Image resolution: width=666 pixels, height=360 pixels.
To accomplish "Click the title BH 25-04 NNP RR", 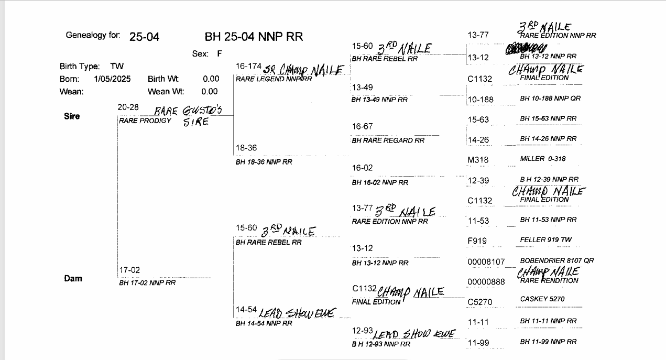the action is (254, 37).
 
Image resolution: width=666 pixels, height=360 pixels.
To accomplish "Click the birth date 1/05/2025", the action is (113, 79).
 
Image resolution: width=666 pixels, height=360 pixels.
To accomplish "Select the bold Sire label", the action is (72, 116).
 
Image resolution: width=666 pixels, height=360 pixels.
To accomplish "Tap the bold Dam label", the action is (73, 278).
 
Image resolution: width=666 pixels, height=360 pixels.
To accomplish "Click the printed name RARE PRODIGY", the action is (145, 121).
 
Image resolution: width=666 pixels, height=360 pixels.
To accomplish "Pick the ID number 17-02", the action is (129, 270).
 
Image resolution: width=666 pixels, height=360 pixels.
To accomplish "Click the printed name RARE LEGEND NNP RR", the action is (274, 79).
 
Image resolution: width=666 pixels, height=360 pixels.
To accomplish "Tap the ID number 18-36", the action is (246, 148).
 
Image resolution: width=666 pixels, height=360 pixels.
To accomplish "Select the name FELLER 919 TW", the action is (546, 239).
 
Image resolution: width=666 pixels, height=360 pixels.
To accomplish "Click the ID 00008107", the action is (486, 261).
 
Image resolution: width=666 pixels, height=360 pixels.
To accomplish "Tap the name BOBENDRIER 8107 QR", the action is (556, 260).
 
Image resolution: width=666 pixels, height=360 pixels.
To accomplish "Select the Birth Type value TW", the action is (117, 67).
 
